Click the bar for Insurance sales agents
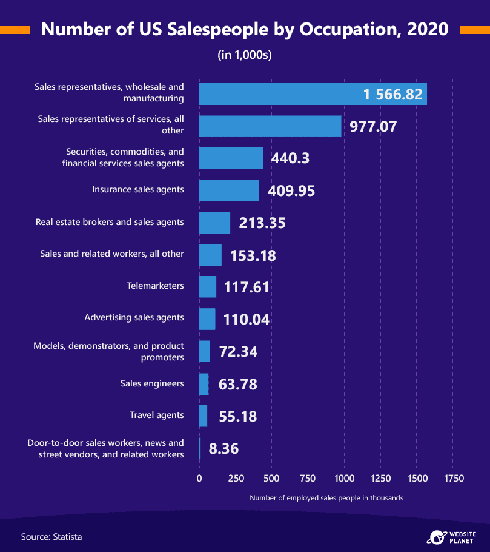click(x=229, y=190)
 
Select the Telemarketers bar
click(x=208, y=287)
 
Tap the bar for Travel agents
click(x=203, y=416)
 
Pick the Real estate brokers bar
click(x=215, y=223)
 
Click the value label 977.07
click(x=373, y=126)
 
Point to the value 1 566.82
click(x=392, y=95)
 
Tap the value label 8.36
click(x=223, y=448)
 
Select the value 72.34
click(x=238, y=352)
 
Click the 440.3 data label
click(x=290, y=158)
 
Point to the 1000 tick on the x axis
click(x=345, y=479)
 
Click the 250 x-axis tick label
click(x=236, y=479)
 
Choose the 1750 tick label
click(x=454, y=479)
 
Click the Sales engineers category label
click(x=152, y=383)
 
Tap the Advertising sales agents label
click(x=134, y=317)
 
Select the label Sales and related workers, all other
click(x=112, y=254)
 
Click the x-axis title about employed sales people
click(x=326, y=498)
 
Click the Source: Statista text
click(x=51, y=537)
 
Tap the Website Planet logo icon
click(x=437, y=537)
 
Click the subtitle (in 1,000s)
click(x=245, y=55)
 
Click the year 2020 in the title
click(x=428, y=29)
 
